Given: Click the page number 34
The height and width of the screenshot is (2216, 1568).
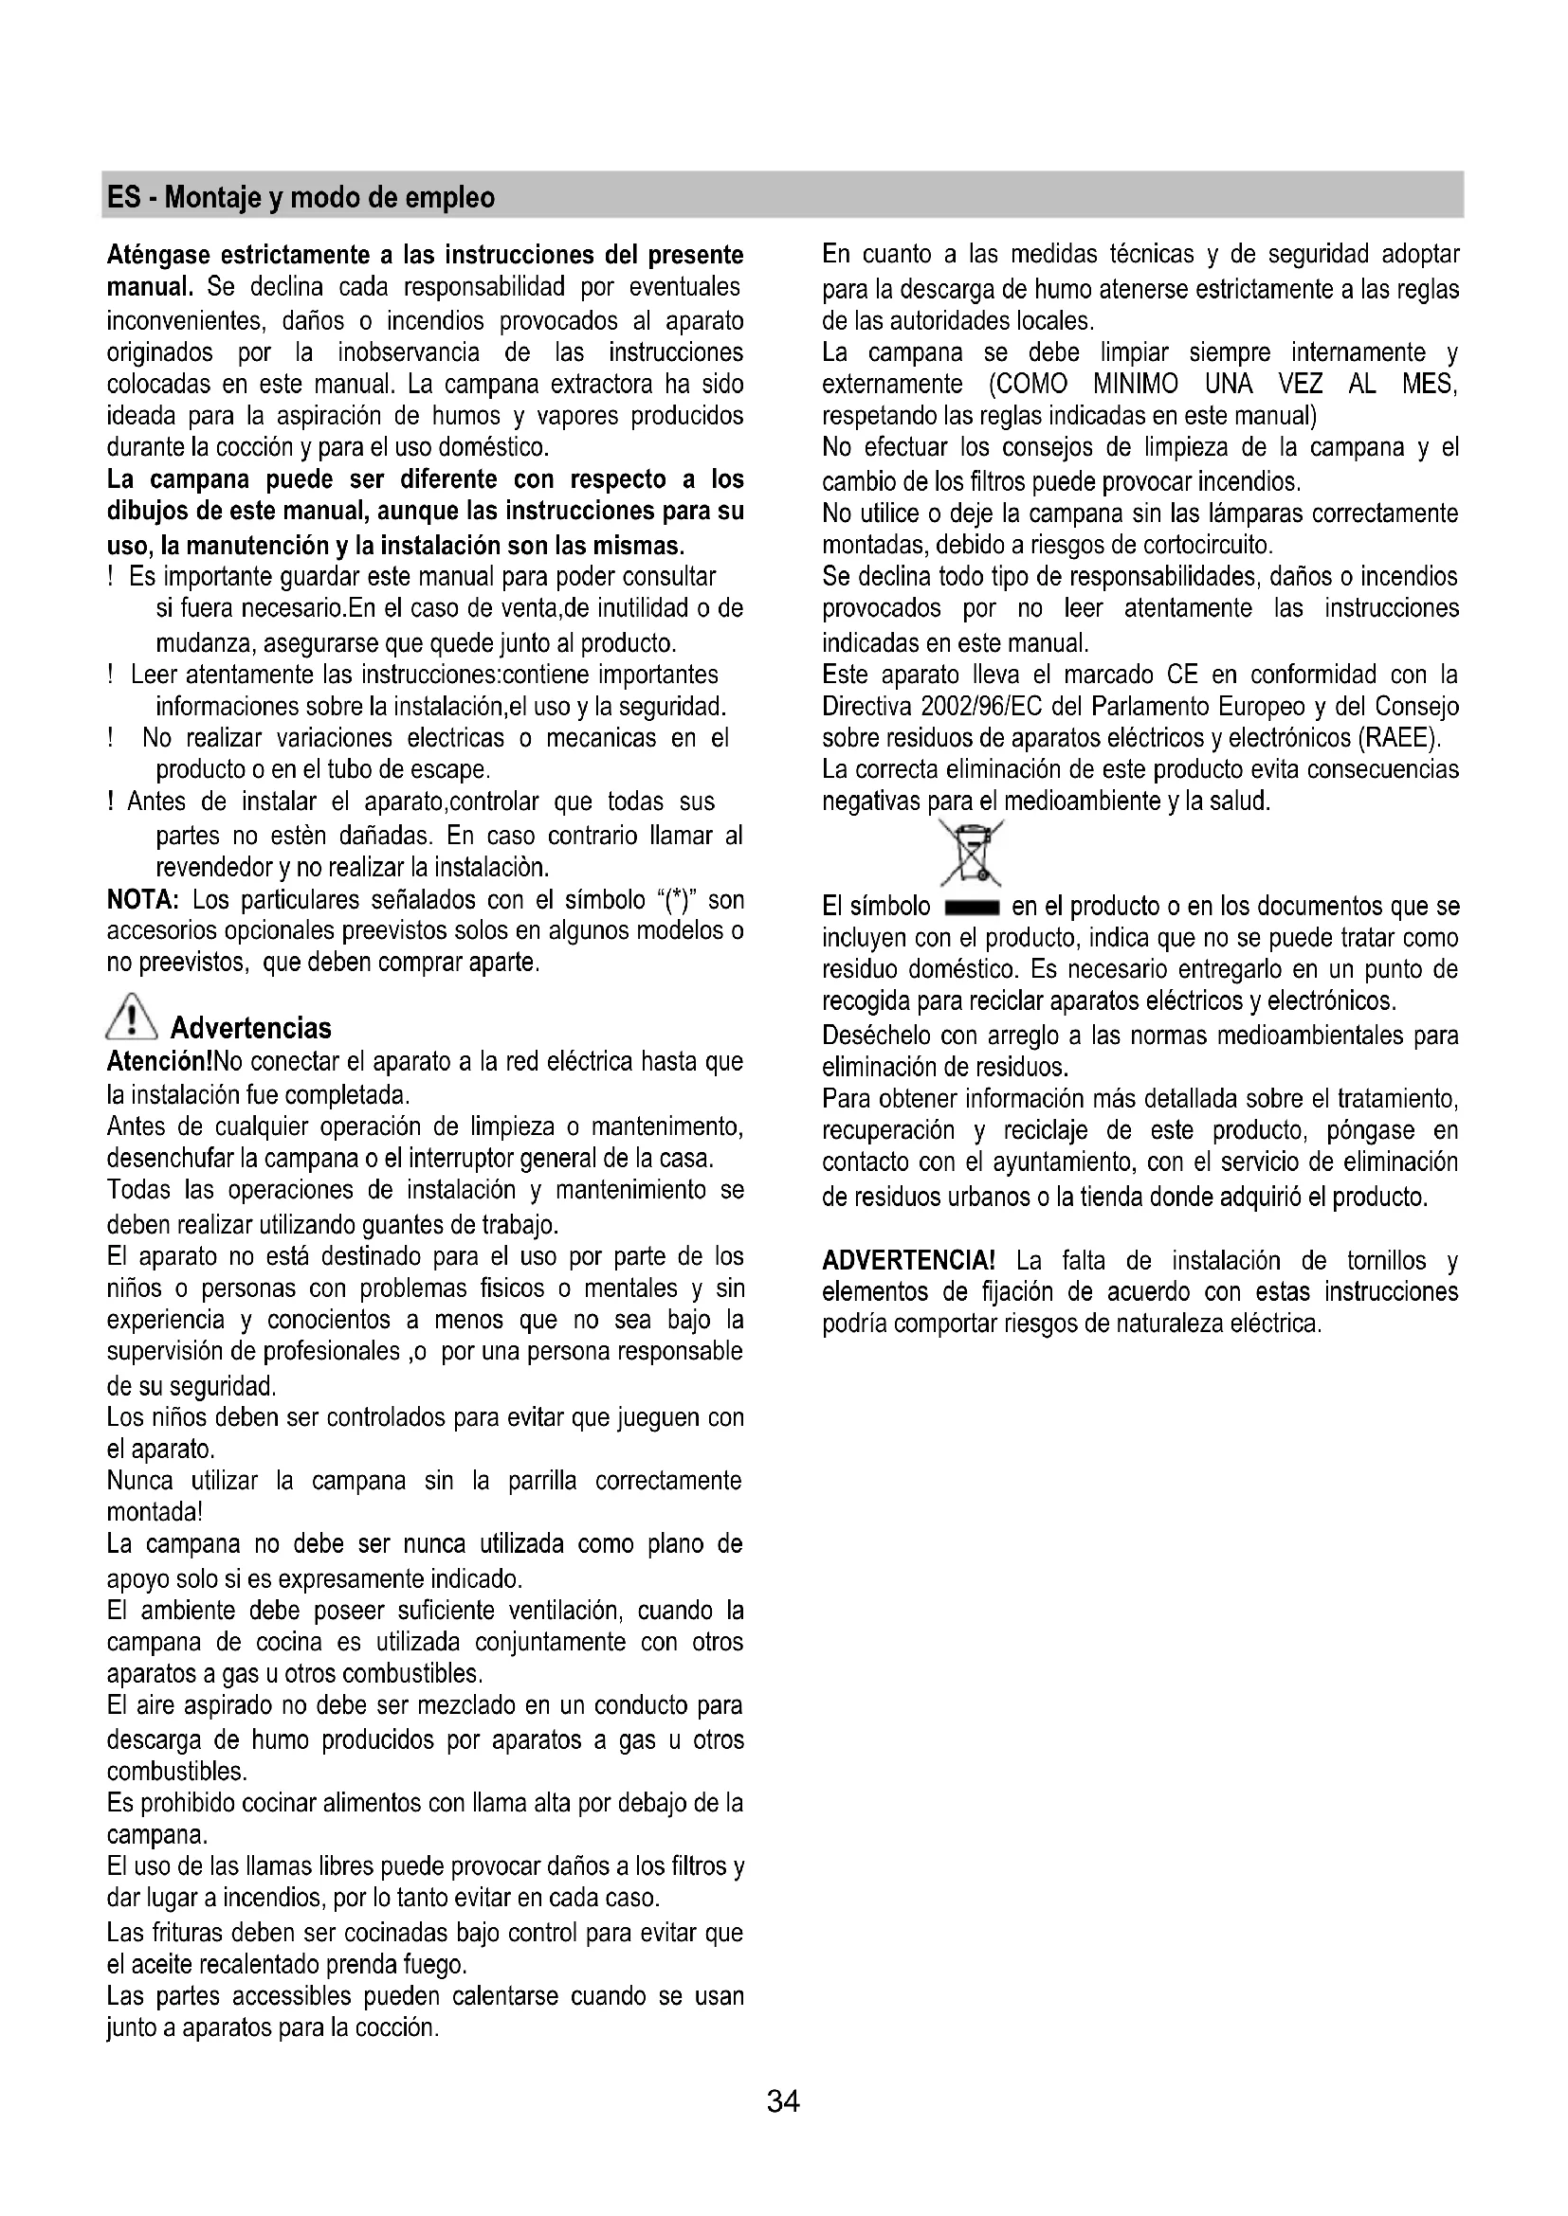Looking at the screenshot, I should (783, 2100).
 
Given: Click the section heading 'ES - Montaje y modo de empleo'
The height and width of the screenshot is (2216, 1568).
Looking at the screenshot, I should (301, 198).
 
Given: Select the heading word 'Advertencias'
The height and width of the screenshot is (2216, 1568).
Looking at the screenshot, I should (251, 1027).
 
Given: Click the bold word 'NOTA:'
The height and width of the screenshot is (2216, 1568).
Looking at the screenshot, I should (142, 900).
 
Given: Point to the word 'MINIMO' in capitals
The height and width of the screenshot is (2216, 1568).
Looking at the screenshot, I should (1136, 384).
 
